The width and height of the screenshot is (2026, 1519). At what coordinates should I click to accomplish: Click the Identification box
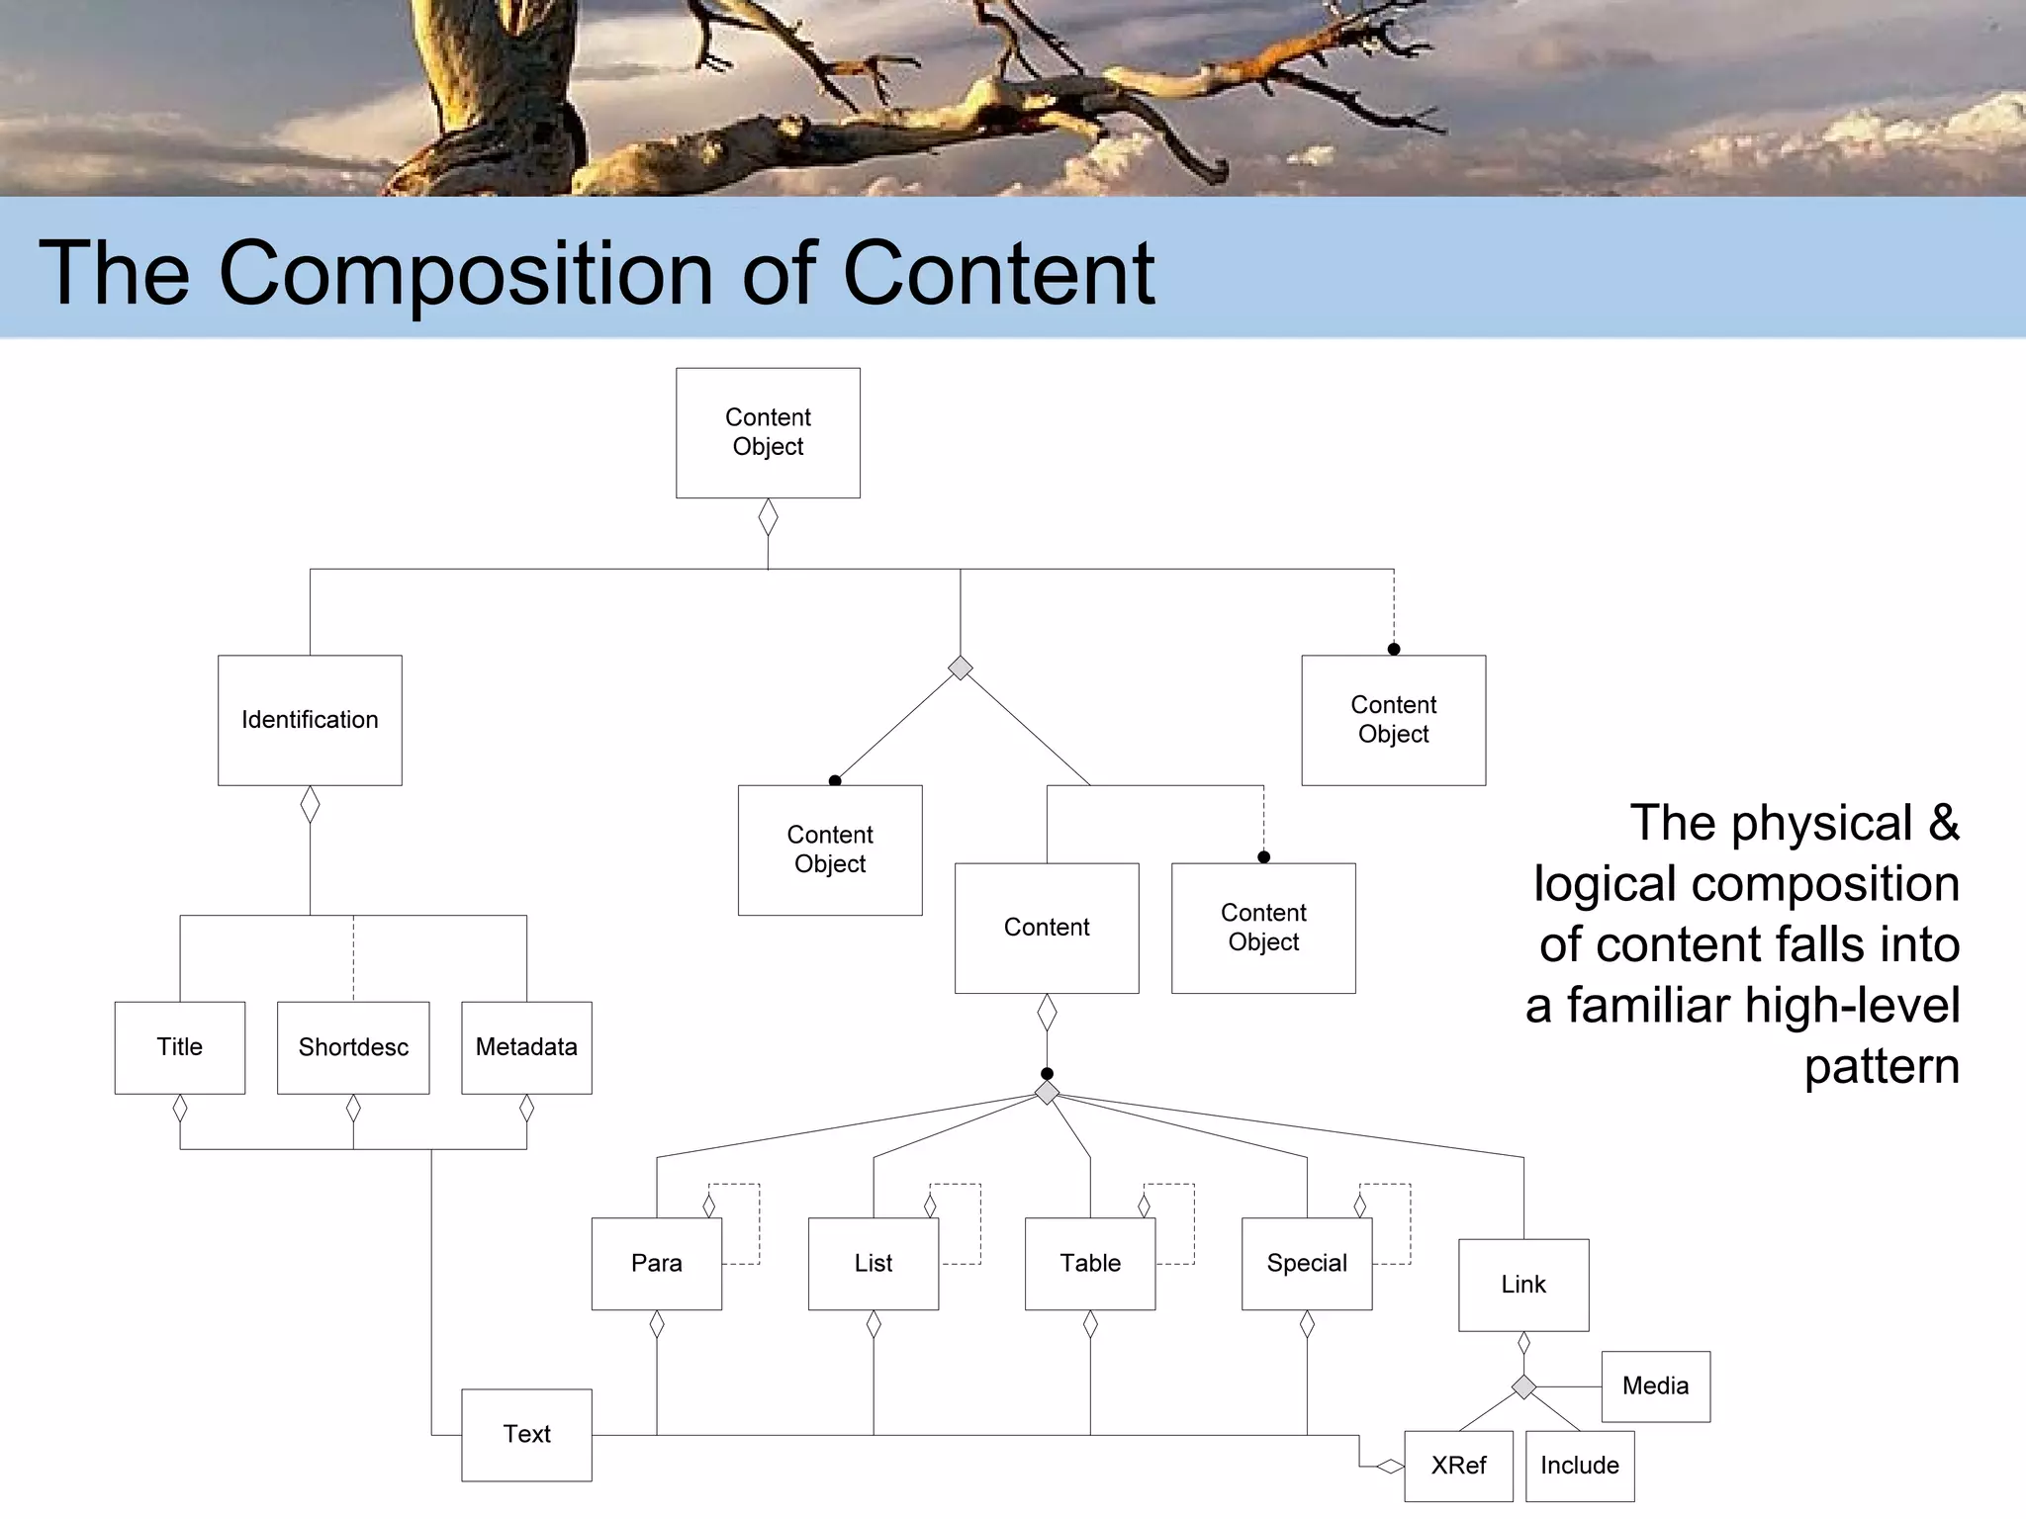310,720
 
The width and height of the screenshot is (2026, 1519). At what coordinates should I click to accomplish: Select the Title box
180,1047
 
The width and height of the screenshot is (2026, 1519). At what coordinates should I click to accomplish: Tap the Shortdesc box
353,1047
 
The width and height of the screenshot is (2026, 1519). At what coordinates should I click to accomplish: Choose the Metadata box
526,1047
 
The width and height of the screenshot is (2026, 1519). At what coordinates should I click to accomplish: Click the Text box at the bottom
526,1434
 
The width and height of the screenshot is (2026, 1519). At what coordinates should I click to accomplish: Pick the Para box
657,1264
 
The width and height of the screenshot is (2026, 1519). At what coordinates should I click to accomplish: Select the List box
874,1264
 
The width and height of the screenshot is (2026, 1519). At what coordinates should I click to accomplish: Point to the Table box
1090,1264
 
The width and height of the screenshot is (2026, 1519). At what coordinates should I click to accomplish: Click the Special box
1307,1264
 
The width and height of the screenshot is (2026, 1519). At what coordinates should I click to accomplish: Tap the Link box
1523,1285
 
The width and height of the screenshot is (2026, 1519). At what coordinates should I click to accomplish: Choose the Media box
1655,1386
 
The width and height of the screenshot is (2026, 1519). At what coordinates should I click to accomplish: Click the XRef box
1458,1466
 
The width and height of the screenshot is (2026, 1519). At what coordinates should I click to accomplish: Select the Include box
1580,1466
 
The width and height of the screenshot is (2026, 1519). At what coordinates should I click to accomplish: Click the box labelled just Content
1047,928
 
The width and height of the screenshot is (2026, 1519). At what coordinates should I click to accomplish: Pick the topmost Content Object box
768,432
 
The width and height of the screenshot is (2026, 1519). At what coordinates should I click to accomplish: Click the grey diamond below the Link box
1523,1386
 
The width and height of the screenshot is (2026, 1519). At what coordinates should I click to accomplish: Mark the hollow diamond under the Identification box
310,804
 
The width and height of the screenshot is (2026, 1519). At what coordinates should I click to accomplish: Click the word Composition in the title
466,273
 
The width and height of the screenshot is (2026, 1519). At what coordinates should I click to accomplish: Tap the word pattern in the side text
1881,1067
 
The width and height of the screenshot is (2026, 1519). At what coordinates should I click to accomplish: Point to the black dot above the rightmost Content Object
1394,650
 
